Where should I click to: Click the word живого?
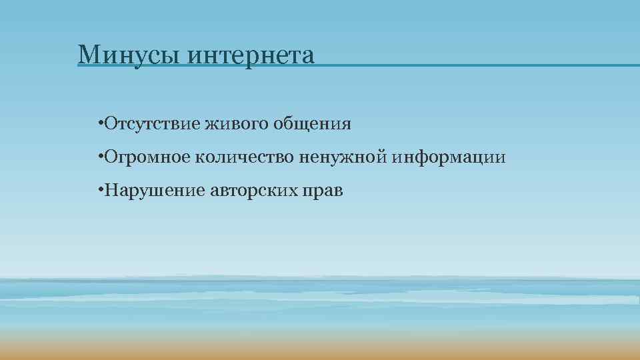[229, 124]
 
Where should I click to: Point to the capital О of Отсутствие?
[108, 124]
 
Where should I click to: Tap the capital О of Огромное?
[108, 158]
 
